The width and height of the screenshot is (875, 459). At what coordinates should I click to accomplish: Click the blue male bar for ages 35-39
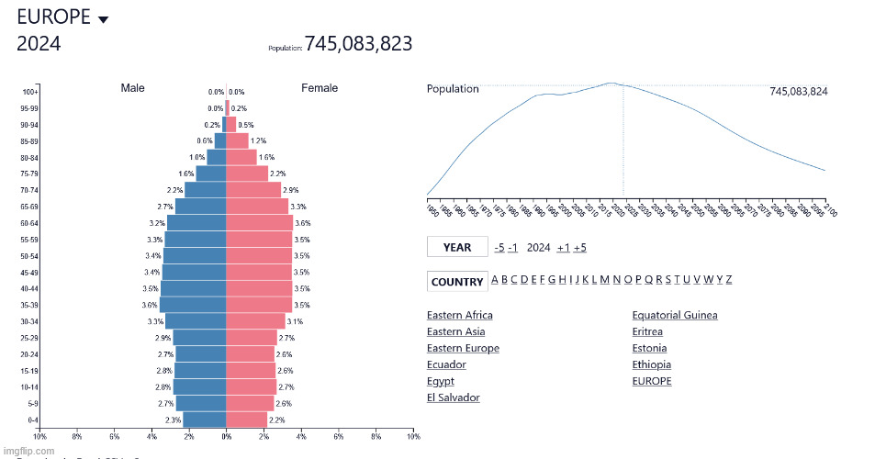193,305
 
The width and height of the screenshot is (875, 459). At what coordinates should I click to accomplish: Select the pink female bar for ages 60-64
259,222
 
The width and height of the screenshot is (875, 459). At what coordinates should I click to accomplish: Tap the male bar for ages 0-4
205,420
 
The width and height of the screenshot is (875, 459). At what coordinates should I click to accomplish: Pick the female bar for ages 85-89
237,140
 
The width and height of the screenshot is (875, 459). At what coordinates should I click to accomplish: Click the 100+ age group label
30,92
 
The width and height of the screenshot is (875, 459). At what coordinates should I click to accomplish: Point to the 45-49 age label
29,272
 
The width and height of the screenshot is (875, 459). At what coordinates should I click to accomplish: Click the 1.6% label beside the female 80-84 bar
266,157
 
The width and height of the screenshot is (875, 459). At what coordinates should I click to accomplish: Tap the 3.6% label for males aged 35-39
150,305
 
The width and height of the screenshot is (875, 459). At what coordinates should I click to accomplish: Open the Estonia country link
649,348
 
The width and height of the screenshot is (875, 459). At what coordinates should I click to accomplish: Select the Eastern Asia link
455,331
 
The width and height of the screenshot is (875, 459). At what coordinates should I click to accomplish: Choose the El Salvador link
453,397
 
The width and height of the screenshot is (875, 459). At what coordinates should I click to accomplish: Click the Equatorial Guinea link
675,315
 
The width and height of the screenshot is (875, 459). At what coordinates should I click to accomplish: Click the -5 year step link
499,247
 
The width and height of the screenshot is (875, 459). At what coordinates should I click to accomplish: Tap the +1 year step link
563,247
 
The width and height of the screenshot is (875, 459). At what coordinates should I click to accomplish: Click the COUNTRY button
456,282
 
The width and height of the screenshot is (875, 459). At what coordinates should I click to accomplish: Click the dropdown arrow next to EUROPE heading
103,20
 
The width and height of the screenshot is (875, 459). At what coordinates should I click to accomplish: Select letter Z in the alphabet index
728,279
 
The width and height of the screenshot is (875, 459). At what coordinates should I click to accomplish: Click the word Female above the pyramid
320,88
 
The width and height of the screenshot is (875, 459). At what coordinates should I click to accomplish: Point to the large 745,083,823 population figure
358,44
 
